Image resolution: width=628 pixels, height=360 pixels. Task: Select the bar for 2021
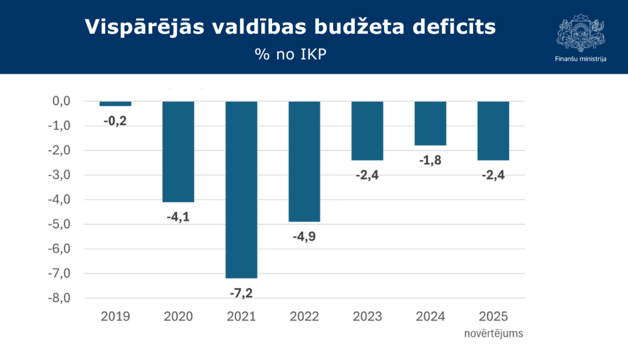(241, 190)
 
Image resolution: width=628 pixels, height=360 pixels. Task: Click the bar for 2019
(115, 104)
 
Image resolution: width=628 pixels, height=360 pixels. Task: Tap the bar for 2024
(430, 123)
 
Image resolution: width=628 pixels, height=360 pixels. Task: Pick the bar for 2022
(304, 161)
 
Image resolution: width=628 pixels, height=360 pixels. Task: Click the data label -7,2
(241, 293)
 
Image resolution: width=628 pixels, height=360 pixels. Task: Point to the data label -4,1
(178, 217)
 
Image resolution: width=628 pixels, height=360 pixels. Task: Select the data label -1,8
(430, 160)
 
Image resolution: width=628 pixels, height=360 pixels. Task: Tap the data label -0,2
(115, 121)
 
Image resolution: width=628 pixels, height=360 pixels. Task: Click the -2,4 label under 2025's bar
(493, 175)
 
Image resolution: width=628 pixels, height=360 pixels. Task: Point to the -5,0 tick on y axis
(59, 224)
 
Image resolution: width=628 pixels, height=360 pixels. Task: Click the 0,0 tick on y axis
(61, 101)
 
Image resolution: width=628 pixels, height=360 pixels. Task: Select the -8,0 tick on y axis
(59, 298)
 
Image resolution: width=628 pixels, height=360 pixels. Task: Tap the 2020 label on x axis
(178, 316)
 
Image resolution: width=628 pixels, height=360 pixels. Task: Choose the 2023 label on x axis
(367, 316)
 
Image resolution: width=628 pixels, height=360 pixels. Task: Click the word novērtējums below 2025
(494, 334)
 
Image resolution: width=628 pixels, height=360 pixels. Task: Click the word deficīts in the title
(454, 27)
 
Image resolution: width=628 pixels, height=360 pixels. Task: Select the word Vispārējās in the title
(144, 27)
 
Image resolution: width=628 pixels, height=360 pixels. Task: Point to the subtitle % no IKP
(291, 54)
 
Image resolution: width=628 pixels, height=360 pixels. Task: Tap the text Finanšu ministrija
(581, 59)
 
